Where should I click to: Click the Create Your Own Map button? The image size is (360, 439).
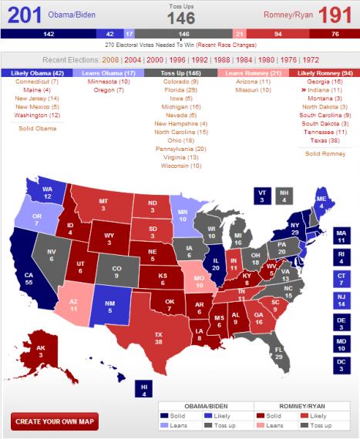click(54, 421)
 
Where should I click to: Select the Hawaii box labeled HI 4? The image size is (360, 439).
click(143, 388)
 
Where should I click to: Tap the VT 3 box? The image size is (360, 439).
click(262, 196)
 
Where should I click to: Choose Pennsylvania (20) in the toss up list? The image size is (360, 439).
click(180, 148)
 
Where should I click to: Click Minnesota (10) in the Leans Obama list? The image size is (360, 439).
click(108, 81)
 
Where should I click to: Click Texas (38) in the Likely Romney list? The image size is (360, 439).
click(324, 140)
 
